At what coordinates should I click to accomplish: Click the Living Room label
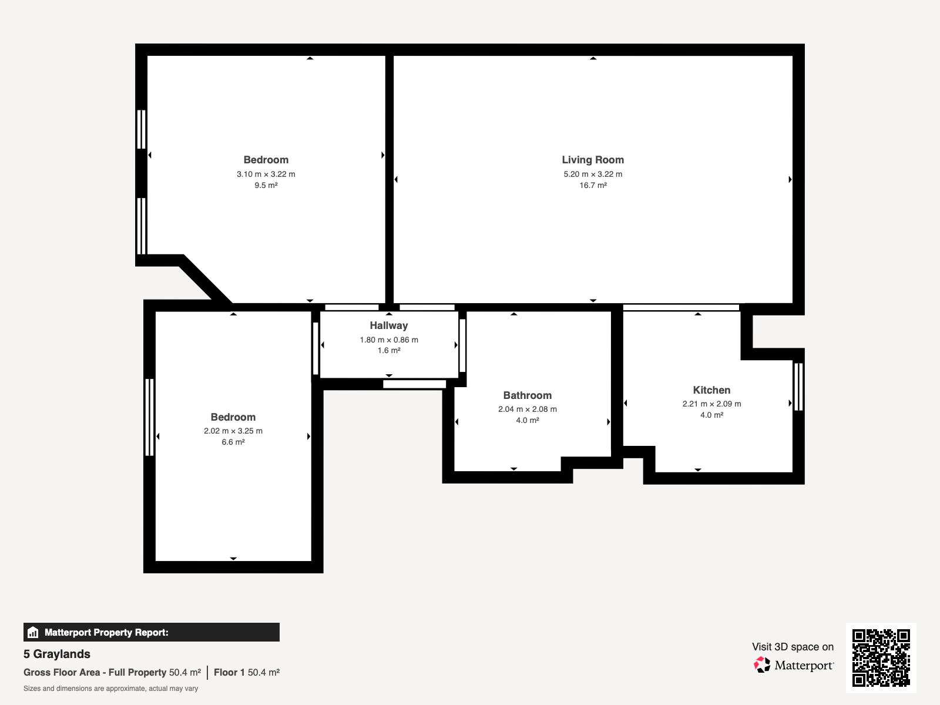tap(593, 160)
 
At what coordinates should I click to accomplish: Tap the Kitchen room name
tap(711, 390)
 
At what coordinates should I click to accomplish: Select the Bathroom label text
tap(527, 395)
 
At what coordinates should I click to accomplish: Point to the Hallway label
tap(389, 325)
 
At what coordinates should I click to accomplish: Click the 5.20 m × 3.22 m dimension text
tap(593, 174)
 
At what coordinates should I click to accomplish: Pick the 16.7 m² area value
tap(593, 185)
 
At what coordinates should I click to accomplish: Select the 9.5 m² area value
tap(266, 185)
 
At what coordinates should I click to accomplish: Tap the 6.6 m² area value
tap(233, 442)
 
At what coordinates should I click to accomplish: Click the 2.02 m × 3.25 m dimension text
tap(233, 431)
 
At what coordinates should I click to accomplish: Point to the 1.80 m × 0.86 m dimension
tap(389, 340)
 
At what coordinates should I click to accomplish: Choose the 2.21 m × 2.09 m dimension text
tap(711, 404)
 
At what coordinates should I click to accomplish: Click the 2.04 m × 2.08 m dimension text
tap(527, 409)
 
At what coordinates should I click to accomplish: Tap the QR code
tap(881, 657)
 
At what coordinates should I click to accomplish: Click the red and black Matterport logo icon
tap(762, 665)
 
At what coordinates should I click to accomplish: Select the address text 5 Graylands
tap(57, 654)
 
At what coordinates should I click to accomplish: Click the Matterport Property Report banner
tap(152, 632)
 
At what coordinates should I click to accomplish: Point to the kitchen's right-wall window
tap(798, 387)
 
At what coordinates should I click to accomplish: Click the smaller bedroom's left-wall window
tap(149, 417)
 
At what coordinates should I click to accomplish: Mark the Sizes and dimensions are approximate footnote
tap(110, 689)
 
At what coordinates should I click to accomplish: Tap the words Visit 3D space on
tap(793, 647)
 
